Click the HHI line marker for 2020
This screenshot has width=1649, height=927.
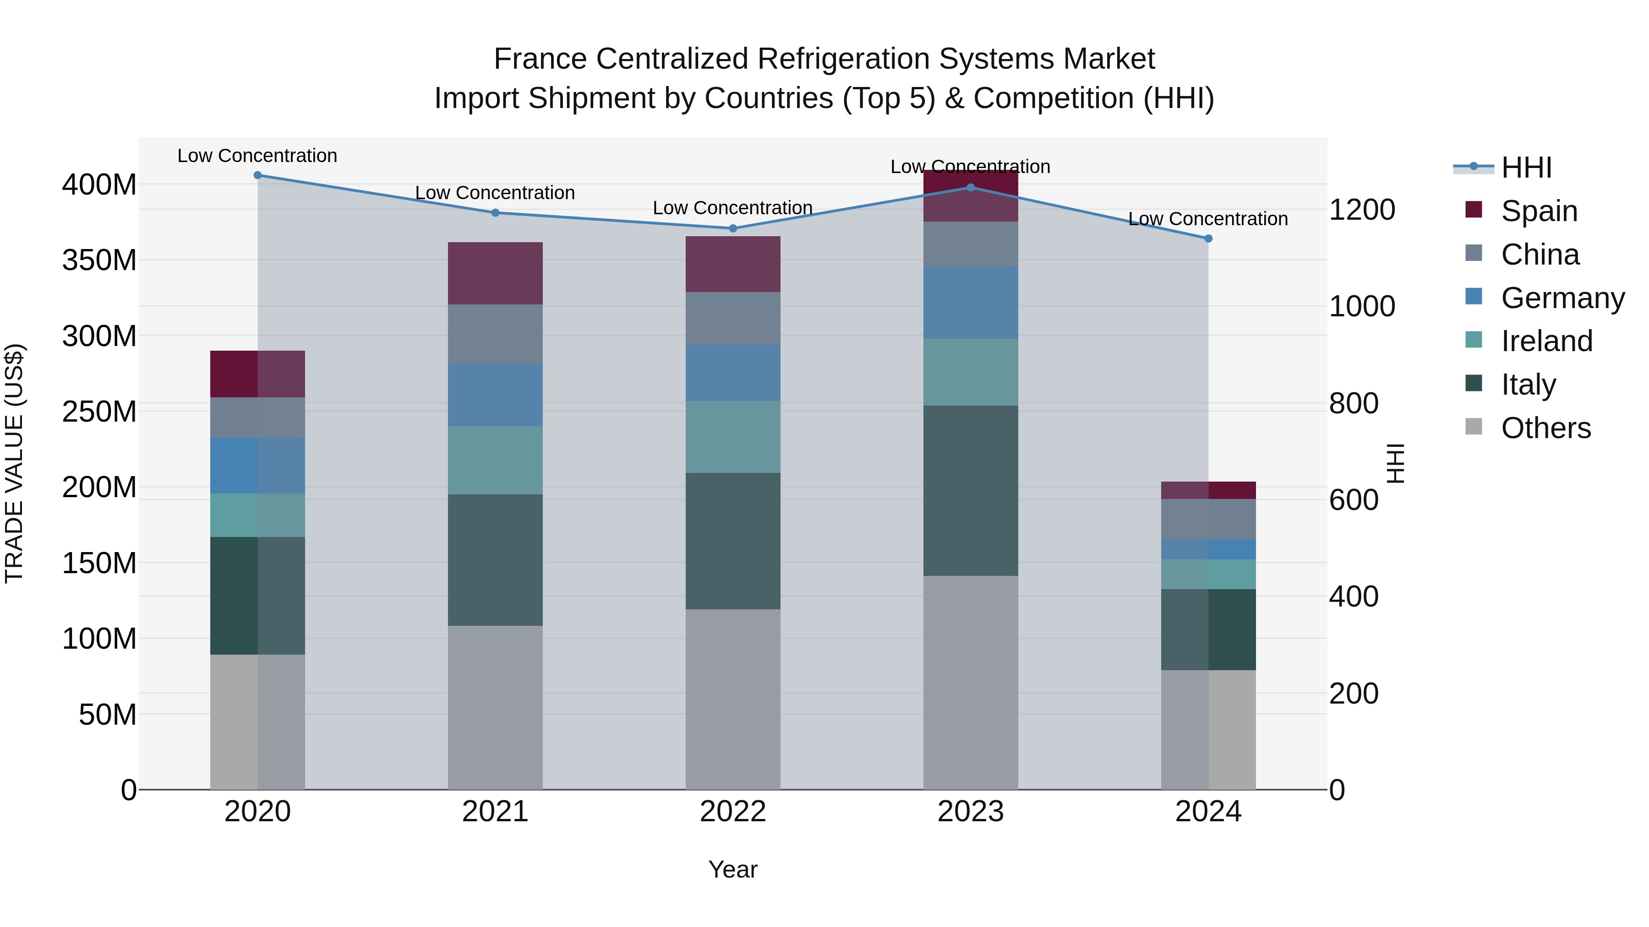click(257, 175)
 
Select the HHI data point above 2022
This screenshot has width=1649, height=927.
click(733, 228)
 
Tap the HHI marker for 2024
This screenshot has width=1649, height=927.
click(1208, 239)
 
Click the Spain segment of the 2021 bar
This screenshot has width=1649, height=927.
click(495, 273)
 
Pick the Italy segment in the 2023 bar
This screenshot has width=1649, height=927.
click(971, 491)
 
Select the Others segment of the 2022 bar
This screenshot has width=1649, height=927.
click(733, 699)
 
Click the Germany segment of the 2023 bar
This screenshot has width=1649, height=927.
click(971, 303)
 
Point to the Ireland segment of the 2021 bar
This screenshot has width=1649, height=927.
click(495, 460)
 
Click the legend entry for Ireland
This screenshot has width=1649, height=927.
click(1546, 341)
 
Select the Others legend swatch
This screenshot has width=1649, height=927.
click(1473, 427)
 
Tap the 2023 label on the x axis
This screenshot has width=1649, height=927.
click(971, 812)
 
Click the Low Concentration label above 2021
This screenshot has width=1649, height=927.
click(495, 193)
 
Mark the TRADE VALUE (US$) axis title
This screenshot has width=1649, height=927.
click(14, 463)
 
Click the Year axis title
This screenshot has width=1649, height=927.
click(733, 869)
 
